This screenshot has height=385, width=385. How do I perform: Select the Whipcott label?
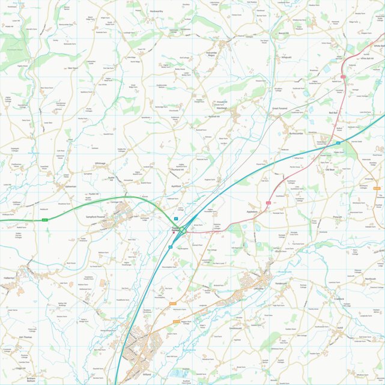(x=286, y=57)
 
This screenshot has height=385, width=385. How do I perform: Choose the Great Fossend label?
(x=280, y=108)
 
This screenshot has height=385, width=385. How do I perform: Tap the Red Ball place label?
(x=334, y=112)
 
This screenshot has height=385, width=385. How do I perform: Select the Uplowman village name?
(x=70, y=187)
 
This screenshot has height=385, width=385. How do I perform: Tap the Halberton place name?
(x=10, y=278)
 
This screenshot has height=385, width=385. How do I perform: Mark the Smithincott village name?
(x=235, y=328)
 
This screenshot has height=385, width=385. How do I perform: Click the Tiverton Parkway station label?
(x=176, y=229)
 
